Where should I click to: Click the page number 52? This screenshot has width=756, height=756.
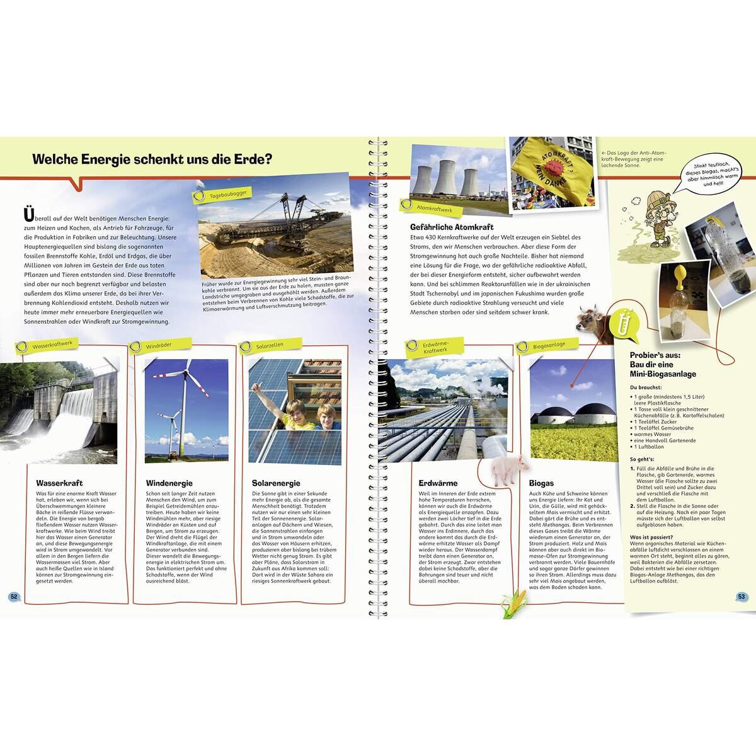(13, 597)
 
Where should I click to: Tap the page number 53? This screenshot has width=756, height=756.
(741, 597)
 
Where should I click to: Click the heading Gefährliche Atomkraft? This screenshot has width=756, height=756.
(452, 227)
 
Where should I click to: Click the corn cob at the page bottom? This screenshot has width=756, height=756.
(513, 605)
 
